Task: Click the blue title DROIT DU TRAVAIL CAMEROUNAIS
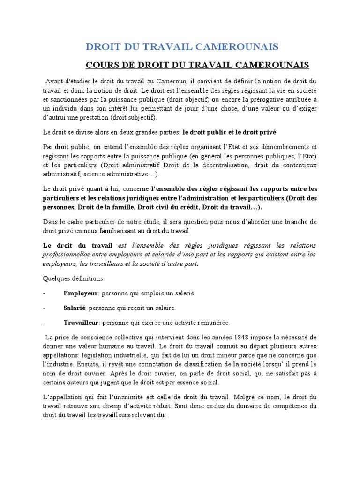(x=182, y=46)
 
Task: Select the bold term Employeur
(x=81, y=293)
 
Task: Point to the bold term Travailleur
(x=81, y=322)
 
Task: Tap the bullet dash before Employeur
(x=44, y=293)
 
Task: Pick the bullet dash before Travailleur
(x=44, y=322)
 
